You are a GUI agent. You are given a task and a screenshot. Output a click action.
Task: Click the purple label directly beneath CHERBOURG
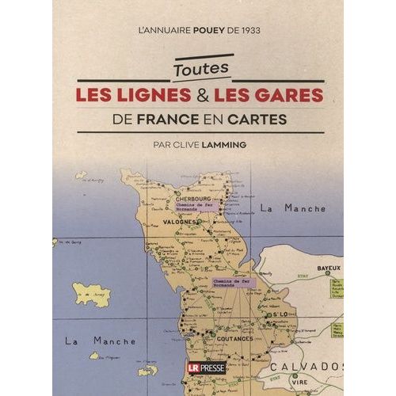tap(201, 208)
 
